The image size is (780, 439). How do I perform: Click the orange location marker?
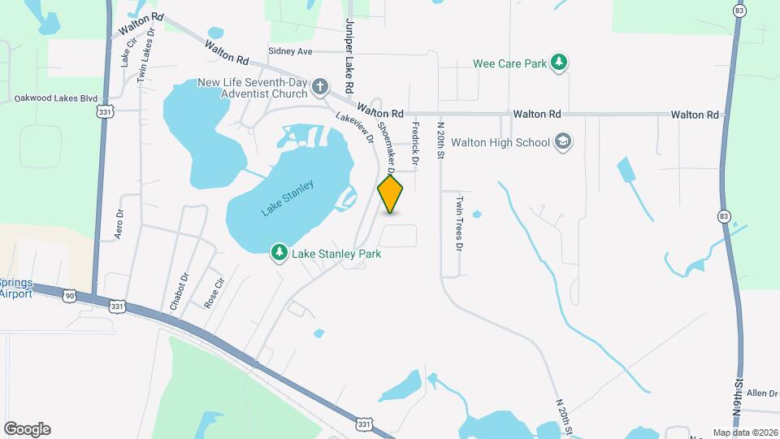391,193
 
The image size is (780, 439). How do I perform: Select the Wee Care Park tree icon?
558,62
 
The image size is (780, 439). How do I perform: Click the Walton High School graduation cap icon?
563,143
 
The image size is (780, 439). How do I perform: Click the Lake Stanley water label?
287,198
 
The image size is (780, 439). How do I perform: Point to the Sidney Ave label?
290,51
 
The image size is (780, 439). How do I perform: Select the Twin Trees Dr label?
459,223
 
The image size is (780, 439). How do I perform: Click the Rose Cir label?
214,294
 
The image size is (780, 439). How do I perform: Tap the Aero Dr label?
119,224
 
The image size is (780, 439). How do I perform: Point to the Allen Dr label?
762,393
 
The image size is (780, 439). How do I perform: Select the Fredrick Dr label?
414,144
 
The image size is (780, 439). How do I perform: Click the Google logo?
27,428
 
